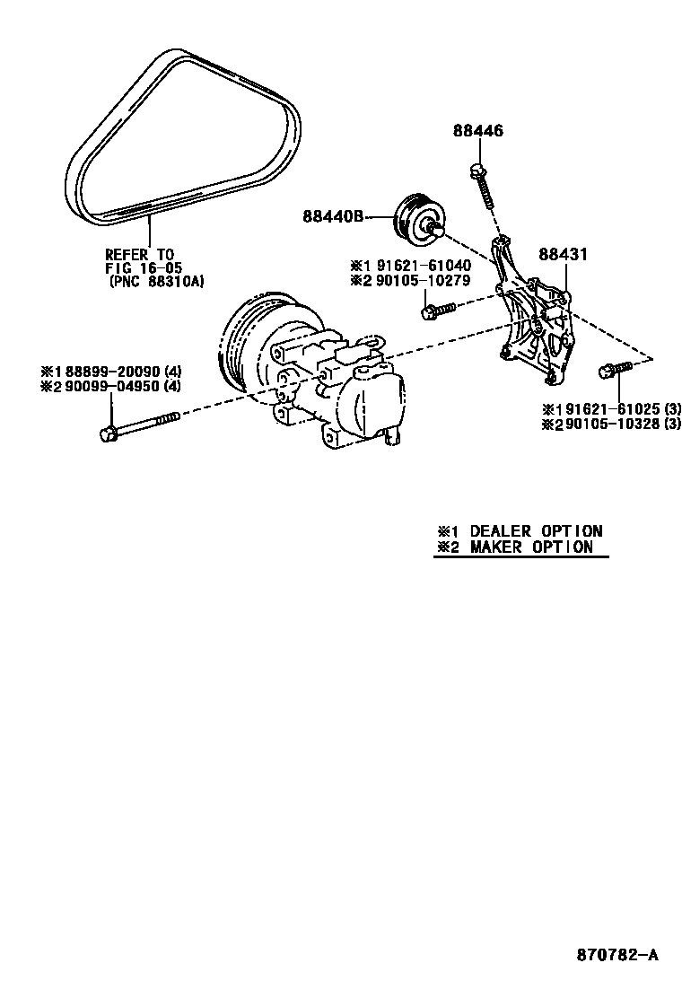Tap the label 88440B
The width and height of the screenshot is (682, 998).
pos(332,216)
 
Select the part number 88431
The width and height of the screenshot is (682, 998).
pos(563,255)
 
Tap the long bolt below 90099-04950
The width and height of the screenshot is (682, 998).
pos(139,425)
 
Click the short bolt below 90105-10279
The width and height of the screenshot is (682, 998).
pos(436,311)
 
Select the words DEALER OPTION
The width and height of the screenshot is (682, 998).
pos(536,531)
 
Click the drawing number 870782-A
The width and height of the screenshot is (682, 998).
pos(616,955)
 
